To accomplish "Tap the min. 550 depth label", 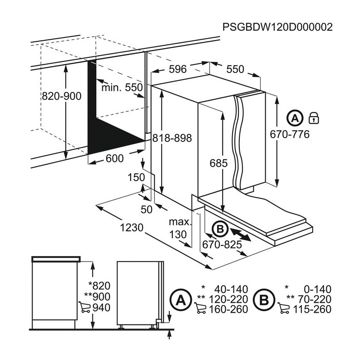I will [x=122, y=87].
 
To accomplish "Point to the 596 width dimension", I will [x=178, y=69].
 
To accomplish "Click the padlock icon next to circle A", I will [x=313, y=119].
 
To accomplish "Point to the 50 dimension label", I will [x=147, y=209].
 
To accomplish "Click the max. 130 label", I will [x=178, y=229].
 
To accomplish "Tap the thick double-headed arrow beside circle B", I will [x=241, y=233].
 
